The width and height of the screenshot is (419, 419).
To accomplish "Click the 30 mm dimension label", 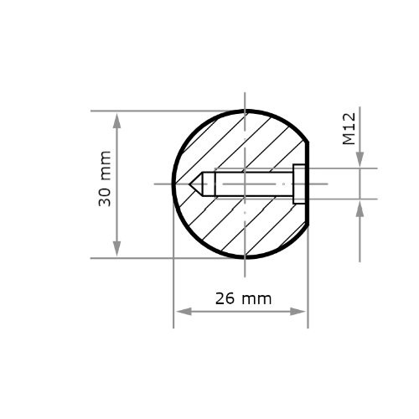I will tap(106, 179).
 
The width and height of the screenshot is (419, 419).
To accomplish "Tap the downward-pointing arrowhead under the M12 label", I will tap(360, 158).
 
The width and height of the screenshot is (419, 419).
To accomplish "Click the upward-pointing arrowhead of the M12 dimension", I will tap(360, 209).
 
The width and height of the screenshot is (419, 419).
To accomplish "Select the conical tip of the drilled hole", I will tap(198, 184).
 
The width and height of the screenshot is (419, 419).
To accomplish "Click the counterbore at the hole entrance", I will tap(299, 184).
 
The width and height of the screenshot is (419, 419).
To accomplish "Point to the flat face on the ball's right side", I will tap(308, 184).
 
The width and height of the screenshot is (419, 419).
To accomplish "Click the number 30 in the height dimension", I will tap(106, 196).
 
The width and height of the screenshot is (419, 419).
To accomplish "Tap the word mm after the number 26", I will tap(256, 298).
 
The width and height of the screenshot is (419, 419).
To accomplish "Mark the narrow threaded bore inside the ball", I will tap(251, 184).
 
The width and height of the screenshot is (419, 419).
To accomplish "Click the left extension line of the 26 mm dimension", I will tap(173, 285).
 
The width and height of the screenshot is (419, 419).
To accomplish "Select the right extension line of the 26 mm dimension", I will tap(308, 285).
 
